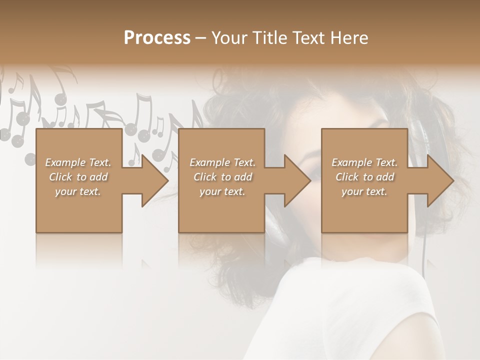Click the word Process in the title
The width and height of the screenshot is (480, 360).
coord(157,38)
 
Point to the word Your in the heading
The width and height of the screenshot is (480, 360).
coord(231,38)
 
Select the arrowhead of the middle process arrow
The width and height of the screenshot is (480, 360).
coord(296,180)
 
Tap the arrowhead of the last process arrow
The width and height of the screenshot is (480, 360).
coord(439,180)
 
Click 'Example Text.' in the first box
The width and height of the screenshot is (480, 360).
coord(78,162)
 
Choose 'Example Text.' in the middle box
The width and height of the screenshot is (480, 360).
coord(222,162)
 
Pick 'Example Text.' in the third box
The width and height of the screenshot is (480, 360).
coord(364,162)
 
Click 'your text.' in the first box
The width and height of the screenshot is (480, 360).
coord(78,191)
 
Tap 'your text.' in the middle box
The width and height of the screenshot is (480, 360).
coord(222,191)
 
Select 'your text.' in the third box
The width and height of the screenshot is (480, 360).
coord(364,191)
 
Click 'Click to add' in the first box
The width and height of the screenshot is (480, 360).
coord(78,177)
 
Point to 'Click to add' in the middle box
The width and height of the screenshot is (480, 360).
coord(222,177)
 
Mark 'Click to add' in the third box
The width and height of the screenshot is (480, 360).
coord(364,177)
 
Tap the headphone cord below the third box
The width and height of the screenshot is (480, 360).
coord(424,255)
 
